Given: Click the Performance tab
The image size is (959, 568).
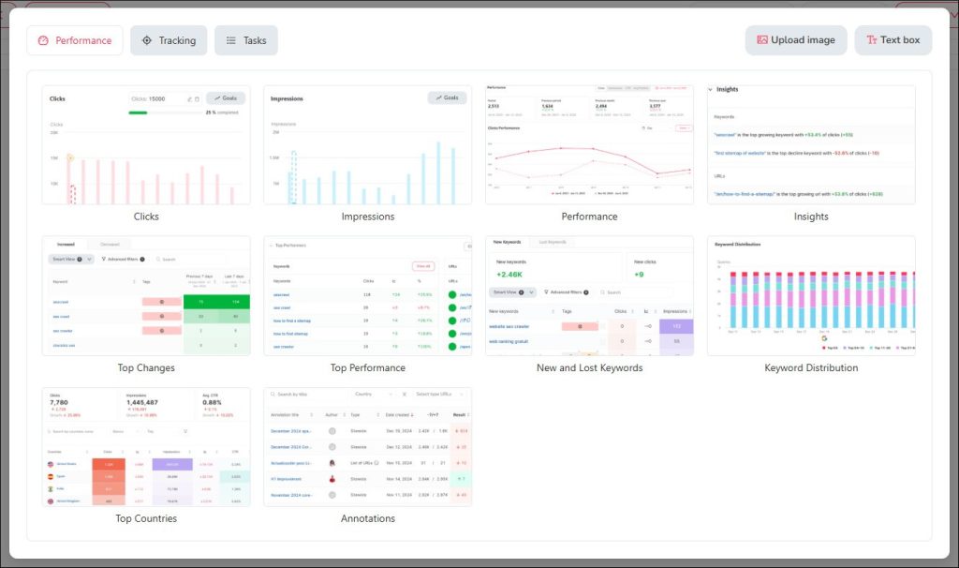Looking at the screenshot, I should (x=75, y=40).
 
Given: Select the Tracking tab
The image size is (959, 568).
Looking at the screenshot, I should (x=169, y=40).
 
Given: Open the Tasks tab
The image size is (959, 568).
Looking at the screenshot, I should (x=246, y=40).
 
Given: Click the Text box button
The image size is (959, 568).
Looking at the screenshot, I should (x=893, y=40).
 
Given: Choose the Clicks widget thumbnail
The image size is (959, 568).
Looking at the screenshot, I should (x=146, y=145).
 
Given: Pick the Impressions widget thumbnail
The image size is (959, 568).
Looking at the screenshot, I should (x=367, y=145).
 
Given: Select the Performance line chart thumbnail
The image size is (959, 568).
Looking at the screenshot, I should (x=589, y=145).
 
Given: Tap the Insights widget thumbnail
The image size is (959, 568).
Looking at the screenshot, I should (x=811, y=145).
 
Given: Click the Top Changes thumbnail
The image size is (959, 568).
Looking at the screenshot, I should (x=146, y=296).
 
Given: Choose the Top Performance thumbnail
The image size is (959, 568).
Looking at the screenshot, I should (x=367, y=296).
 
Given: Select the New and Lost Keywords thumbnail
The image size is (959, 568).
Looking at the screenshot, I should (x=589, y=296).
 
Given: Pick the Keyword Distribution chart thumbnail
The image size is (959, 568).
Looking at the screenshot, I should (x=811, y=296).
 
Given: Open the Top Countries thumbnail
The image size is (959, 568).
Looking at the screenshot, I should (x=146, y=447).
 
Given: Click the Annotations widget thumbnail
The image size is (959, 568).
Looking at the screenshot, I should (x=367, y=447).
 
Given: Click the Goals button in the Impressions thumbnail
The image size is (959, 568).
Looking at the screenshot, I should (x=447, y=97).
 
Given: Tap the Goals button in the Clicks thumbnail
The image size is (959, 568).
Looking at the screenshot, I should (x=226, y=97).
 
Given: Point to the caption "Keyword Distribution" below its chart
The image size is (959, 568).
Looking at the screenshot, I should (x=811, y=367).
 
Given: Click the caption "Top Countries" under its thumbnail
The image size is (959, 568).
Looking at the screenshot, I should (x=146, y=518).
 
